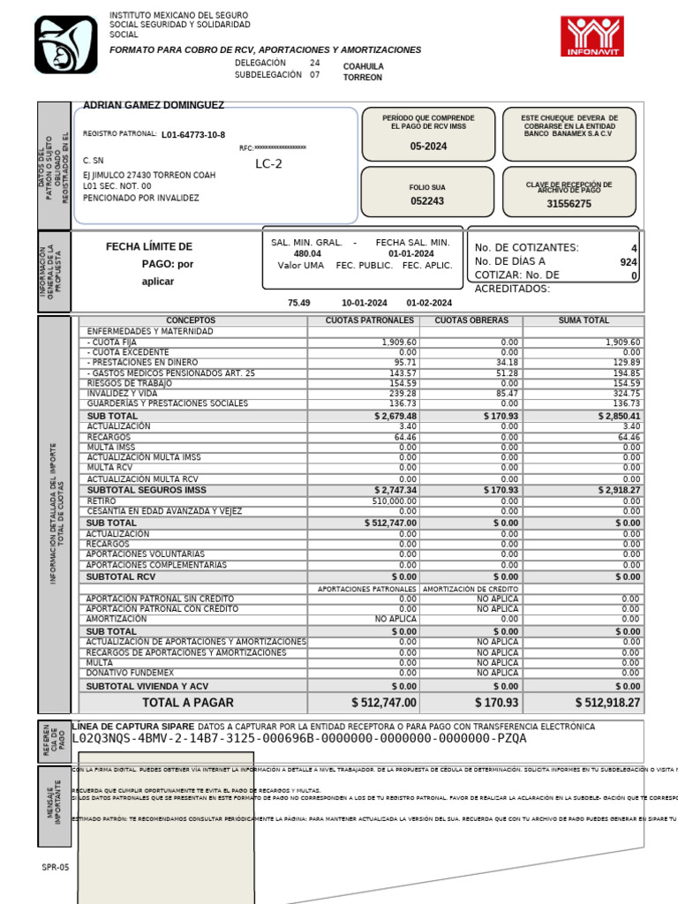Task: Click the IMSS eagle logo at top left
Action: coord(65,45)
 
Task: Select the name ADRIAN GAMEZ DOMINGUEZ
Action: coord(153,105)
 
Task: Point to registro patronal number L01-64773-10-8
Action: coord(193,135)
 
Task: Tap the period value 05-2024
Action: coord(428,147)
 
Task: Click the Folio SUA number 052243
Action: coord(427,201)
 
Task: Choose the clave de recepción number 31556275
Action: coord(569,203)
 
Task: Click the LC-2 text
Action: coord(269,163)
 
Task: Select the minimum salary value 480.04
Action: coord(307,253)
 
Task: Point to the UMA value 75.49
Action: coord(299,303)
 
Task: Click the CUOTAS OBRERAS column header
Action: coord(471,320)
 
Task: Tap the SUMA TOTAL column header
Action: coord(584,320)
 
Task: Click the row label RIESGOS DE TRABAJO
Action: coord(128,384)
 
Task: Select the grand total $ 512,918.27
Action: coord(607,703)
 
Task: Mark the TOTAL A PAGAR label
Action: coord(188,703)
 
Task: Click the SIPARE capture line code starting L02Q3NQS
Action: coord(298,738)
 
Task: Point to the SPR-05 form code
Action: coord(55,867)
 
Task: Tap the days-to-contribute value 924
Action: coord(628,262)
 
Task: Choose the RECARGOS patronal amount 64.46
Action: coord(405,437)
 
